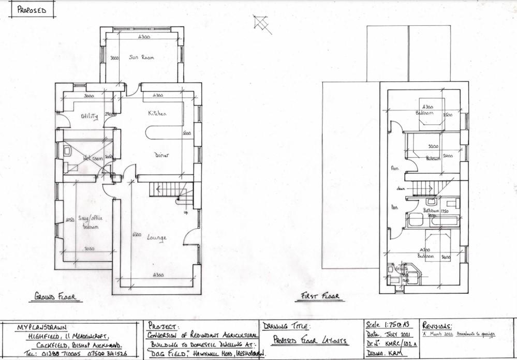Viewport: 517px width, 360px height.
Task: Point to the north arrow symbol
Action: click(262, 23)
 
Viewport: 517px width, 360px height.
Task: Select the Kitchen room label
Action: click(157, 113)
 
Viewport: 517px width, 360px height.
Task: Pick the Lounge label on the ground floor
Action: click(156, 238)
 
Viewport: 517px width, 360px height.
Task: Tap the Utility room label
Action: click(89, 116)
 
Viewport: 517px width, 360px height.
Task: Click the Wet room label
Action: click(93, 158)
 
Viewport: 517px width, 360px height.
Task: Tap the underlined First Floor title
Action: click(320, 296)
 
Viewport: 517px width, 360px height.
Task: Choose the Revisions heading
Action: click(437, 326)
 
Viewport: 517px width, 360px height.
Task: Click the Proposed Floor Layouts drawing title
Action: click(310, 342)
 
